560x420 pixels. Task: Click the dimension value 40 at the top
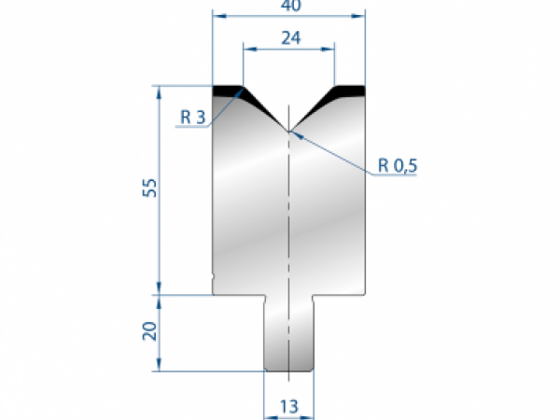tap(287, 7)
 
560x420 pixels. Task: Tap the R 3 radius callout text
tap(193, 118)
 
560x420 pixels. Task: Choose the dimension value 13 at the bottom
tap(290, 406)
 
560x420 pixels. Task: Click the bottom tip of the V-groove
tap(289, 131)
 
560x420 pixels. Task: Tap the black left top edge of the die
tap(228, 90)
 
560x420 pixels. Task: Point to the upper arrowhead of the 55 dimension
tap(161, 90)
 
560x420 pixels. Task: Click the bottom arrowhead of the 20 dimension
tap(161, 366)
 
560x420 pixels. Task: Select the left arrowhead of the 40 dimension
tap(217, 16)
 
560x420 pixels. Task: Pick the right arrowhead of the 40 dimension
tap(360, 16)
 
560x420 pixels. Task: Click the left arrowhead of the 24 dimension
tap(246, 48)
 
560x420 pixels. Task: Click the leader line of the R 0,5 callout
tap(336, 153)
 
